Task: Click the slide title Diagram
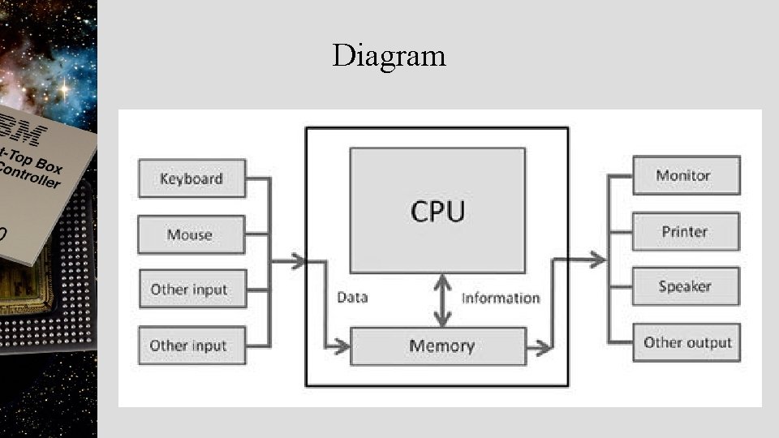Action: click(389, 56)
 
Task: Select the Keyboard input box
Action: click(192, 178)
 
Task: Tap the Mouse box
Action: click(192, 234)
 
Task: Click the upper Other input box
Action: click(192, 289)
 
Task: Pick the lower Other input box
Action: click(192, 345)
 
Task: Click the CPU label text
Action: click(437, 211)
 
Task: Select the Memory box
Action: click(437, 346)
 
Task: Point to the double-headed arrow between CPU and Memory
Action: click(442, 299)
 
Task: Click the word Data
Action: click(352, 298)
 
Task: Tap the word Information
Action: click(500, 298)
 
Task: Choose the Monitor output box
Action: click(686, 175)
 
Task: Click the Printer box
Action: click(686, 231)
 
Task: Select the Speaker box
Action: click(686, 286)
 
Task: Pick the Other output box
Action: click(686, 342)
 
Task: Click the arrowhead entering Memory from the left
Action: click(342, 347)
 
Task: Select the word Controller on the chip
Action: click(30, 174)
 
